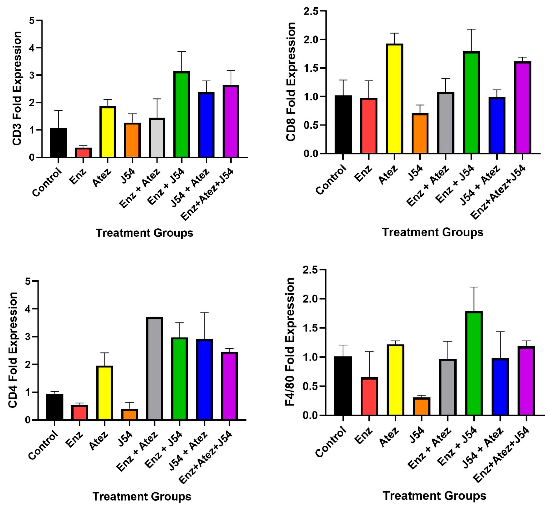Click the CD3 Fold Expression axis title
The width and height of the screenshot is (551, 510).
17,88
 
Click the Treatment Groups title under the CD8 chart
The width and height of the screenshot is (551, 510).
432,232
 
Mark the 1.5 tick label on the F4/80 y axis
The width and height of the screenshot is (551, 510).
310,328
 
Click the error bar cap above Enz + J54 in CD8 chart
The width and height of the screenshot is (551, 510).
471,29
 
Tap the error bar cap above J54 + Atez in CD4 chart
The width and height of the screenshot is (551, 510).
204,313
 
